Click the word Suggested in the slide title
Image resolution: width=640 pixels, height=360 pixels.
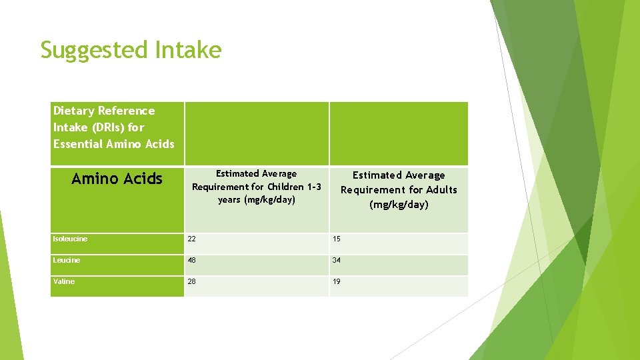coord(94,50)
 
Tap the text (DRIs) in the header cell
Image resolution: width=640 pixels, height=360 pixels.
coord(106,127)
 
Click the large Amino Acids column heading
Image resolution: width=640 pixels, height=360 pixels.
coord(117,179)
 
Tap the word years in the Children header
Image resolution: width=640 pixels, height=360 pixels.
coord(229,200)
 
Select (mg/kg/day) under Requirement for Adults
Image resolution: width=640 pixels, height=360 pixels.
coord(399,205)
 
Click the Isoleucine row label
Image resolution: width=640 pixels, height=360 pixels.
coord(70,239)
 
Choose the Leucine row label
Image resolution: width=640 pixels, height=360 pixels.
coord(67,260)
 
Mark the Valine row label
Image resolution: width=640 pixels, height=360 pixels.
coord(64,281)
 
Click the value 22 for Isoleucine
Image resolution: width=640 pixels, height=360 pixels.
coord(192,239)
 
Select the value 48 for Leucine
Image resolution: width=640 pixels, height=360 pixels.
coord(192,261)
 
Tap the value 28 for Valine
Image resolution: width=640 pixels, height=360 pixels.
coord(192,282)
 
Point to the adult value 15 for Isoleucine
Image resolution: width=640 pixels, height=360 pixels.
coord(337,239)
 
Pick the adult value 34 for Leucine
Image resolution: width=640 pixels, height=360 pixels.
coord(337,261)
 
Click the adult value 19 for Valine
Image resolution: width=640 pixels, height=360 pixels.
coord(337,282)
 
